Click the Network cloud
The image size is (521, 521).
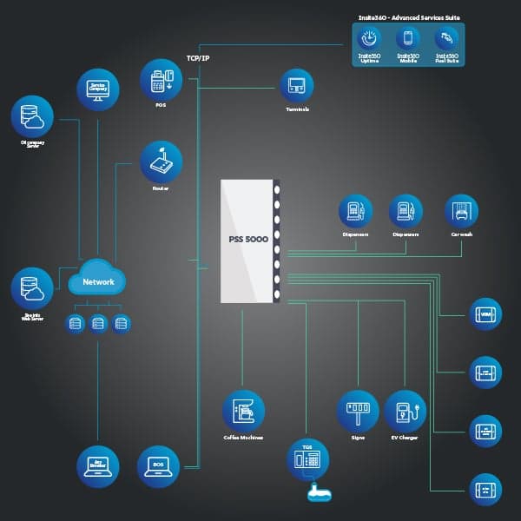[x=97, y=281]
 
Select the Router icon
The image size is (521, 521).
[x=161, y=162]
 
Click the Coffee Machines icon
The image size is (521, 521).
[x=243, y=411]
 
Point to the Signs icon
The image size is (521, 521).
[x=358, y=411]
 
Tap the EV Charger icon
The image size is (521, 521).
[x=405, y=411]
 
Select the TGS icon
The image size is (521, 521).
[x=308, y=460]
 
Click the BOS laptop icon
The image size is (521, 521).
[x=159, y=467]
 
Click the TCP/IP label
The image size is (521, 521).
[x=198, y=57]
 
